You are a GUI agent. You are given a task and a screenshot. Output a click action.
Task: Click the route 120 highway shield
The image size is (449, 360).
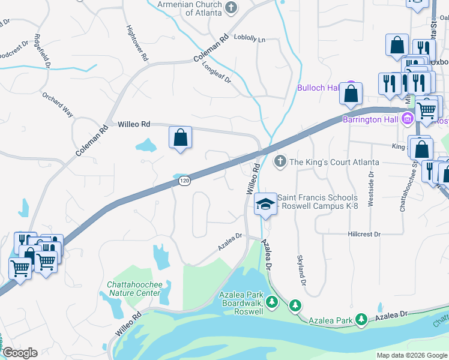click(185, 180)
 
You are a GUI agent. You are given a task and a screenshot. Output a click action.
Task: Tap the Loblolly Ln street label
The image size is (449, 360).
click(249, 39)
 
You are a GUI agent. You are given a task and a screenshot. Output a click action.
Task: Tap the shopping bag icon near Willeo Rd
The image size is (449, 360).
click(180, 138)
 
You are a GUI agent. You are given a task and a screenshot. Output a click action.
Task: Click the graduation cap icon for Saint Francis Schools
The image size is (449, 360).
click(265, 204)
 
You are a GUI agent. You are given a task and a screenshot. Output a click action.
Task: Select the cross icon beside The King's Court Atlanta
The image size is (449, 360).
click(280, 161)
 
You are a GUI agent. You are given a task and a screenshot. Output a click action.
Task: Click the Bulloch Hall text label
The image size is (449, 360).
click(318, 88)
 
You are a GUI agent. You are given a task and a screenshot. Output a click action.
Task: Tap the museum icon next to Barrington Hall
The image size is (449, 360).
click(408, 118)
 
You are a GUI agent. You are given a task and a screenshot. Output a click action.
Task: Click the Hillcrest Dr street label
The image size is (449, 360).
click(364, 234)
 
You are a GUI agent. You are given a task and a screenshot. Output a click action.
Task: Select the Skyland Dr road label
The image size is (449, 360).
click(301, 269)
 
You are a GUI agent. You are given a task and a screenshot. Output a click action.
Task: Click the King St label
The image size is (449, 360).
click(399, 146)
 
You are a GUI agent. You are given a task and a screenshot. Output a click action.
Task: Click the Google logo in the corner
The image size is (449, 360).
click(20, 353)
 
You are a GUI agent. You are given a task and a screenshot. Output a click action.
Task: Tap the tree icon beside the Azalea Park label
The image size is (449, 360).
click(361, 320)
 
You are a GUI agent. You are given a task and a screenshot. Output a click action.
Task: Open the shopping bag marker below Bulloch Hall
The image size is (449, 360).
click(351, 94)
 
